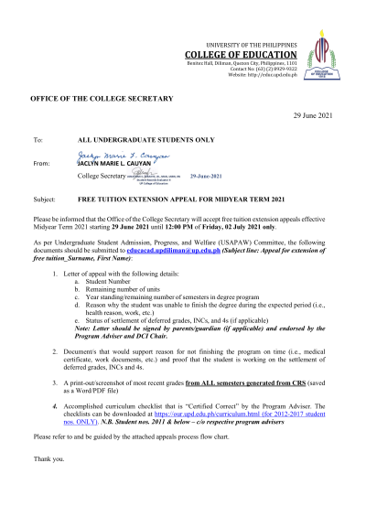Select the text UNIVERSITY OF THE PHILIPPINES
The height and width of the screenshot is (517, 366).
coord(260,45)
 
